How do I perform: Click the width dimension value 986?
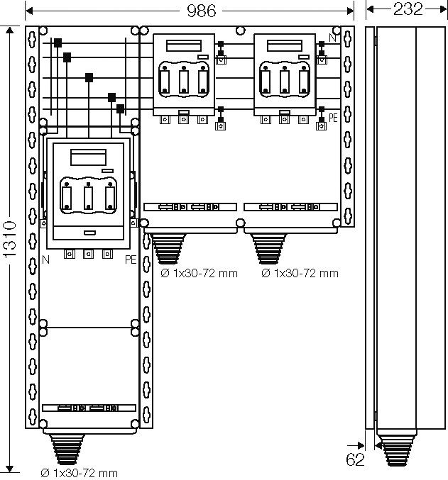pos(201,10)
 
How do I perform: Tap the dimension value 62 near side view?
pos(356,459)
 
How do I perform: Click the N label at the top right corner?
pos(333,38)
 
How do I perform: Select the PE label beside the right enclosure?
pos(333,118)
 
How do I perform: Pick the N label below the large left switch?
pos(45,259)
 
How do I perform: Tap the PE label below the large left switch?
pos(130,259)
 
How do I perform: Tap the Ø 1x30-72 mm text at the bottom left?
pos(78,472)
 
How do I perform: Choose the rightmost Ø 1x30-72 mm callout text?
pos(300,273)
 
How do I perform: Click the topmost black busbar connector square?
pos(58,43)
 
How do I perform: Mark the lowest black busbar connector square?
pos(121,108)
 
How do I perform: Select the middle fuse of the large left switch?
pos(88,197)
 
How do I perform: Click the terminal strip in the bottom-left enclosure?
pos(89,408)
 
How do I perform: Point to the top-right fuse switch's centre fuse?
pos(284,79)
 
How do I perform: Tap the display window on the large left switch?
pos(89,156)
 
